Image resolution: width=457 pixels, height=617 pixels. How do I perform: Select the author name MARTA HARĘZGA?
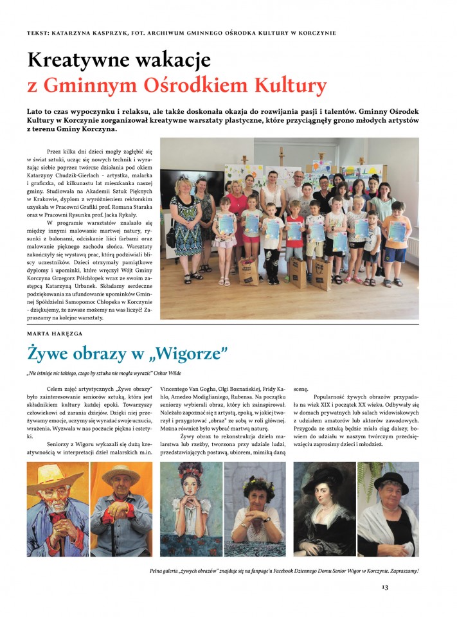tap(55, 334)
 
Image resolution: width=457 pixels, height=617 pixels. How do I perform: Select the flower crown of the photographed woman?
tap(254, 479)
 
